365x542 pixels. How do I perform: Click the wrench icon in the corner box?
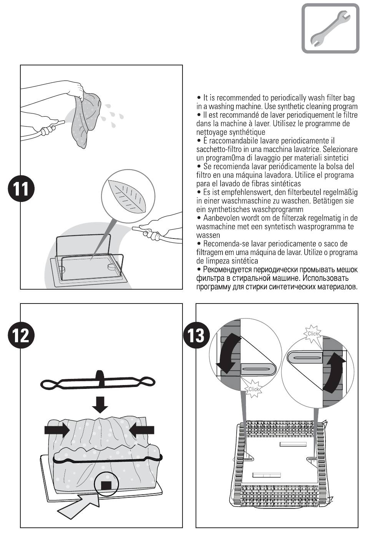coord(329,28)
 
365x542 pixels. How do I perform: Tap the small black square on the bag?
coord(106,485)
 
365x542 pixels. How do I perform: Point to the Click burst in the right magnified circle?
coord(313,334)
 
